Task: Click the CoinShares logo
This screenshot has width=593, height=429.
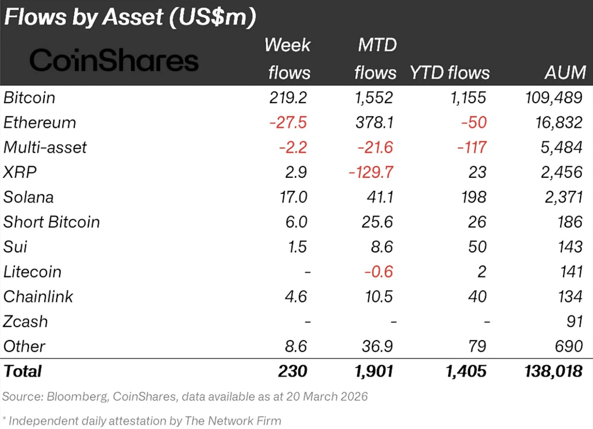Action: click(114, 60)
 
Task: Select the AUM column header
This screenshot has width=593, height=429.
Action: click(565, 73)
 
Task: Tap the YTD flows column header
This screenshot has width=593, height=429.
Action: click(450, 73)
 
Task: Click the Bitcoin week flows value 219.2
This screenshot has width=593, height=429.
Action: click(288, 97)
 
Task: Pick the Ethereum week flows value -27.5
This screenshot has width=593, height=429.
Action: click(288, 122)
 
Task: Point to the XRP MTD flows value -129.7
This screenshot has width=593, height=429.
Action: click(371, 172)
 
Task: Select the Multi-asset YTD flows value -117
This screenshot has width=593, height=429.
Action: click(471, 147)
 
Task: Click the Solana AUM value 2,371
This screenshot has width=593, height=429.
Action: click(563, 197)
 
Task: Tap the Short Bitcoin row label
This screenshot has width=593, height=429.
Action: click(52, 222)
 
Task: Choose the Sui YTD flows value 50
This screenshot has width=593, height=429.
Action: click(477, 247)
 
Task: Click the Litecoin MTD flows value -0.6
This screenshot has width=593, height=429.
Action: click(379, 272)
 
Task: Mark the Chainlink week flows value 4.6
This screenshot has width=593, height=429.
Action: click(296, 297)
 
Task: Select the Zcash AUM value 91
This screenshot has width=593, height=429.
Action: click(574, 322)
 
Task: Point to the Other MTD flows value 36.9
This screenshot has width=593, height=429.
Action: click(377, 346)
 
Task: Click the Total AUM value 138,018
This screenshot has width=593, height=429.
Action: click(553, 371)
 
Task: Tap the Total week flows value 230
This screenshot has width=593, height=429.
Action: click(293, 371)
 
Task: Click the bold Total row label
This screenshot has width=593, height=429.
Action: click(23, 371)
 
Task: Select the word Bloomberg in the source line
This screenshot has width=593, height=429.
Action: click(77, 397)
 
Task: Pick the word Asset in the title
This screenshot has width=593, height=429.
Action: click(133, 17)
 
